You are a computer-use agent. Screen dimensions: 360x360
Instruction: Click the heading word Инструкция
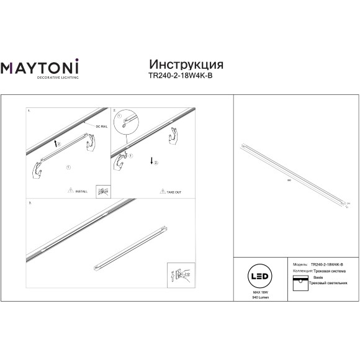tap(187, 65)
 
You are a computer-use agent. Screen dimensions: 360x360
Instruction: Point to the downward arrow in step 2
tap(151, 162)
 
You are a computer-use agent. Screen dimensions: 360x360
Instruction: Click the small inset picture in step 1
tap(102, 191)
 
